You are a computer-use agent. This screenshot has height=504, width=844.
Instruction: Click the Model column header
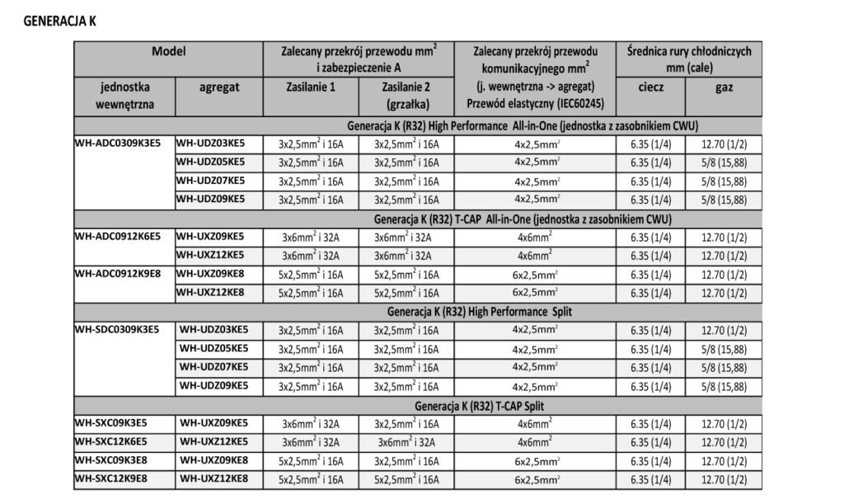tap(168, 51)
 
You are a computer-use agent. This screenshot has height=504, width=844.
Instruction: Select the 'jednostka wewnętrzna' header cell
tap(124, 95)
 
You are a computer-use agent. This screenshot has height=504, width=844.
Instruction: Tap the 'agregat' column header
tap(218, 87)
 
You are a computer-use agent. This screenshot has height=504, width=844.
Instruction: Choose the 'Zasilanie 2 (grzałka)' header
tap(406, 95)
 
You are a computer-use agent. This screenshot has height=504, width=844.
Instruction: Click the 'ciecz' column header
tap(651, 86)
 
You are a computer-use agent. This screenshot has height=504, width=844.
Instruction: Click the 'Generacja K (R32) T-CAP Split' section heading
tap(481, 406)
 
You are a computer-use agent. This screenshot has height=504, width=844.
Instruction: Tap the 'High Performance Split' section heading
tap(481, 313)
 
